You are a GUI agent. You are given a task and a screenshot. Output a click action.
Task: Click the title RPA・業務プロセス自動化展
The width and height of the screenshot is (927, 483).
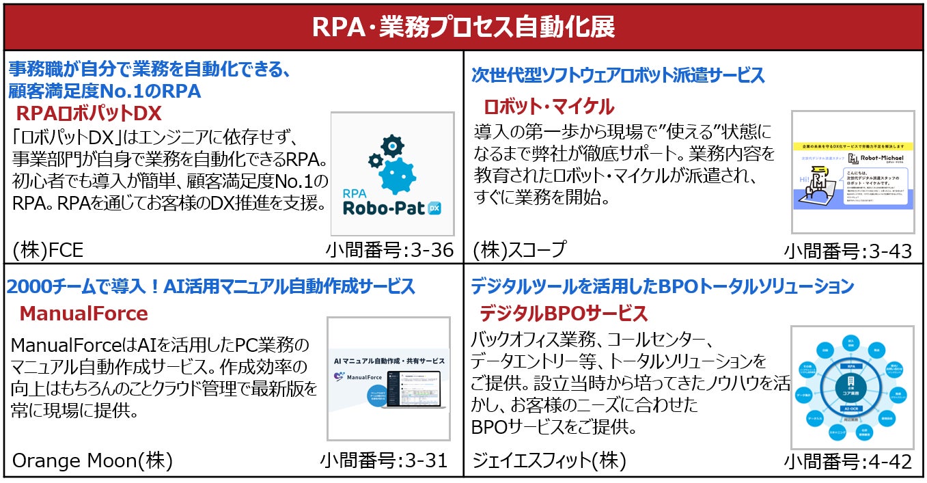[x=463, y=27]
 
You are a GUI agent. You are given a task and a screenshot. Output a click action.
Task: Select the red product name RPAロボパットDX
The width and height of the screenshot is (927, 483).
[x=88, y=113]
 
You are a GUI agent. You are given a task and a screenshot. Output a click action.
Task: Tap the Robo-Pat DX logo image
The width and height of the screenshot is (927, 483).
[x=393, y=174]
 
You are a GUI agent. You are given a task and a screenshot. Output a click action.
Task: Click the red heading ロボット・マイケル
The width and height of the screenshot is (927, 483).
[x=549, y=107]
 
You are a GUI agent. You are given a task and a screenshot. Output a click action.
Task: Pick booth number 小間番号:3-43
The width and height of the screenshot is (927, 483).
[x=848, y=251]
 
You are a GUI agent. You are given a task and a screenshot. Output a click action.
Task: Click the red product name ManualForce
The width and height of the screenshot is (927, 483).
[x=83, y=314]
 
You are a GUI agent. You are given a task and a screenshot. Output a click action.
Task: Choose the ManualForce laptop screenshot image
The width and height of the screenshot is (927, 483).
[x=388, y=379]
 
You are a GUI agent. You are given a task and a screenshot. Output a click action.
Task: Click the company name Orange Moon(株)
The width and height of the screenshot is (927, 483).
[x=92, y=460]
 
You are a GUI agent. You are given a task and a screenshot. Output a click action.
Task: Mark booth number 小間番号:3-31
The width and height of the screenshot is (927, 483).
[x=383, y=460]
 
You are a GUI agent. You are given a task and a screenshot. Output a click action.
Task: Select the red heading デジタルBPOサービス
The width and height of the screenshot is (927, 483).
[x=563, y=314]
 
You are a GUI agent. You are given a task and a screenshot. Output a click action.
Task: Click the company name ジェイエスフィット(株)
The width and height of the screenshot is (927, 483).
[x=549, y=460]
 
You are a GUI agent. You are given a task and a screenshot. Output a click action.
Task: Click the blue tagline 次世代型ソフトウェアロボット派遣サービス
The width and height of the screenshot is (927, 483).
[x=618, y=75]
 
